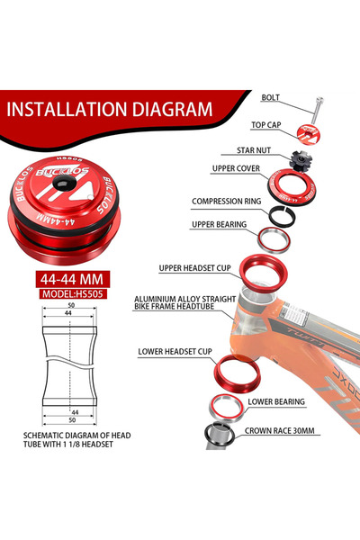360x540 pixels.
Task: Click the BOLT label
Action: point(270,97)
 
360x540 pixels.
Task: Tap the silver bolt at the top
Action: point(318,110)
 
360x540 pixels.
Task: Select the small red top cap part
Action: point(307,133)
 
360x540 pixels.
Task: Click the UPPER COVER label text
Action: point(236,168)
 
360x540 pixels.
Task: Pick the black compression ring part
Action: point(282,216)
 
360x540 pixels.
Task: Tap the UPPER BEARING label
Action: point(219,224)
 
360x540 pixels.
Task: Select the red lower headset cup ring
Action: point(237,373)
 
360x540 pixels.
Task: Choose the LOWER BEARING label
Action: point(276,401)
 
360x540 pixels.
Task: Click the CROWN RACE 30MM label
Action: point(279,430)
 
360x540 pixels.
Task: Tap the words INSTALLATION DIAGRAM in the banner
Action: point(110,109)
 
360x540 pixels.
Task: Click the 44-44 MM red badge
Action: point(72,279)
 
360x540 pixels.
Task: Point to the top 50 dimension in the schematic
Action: point(71,305)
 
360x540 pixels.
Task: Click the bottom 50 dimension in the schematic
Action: point(72,420)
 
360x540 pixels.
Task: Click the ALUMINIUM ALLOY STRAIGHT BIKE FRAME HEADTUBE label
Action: point(185,302)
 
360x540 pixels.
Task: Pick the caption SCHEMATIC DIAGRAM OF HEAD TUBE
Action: point(77,440)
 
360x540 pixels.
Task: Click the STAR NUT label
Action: point(254,150)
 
